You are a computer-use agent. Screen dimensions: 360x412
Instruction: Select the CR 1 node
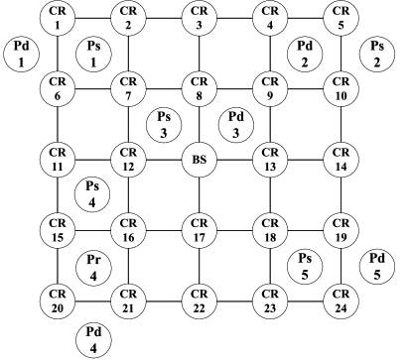(58, 17)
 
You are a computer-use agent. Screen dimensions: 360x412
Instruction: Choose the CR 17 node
(199, 230)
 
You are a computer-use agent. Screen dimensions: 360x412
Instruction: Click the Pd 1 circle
(19, 55)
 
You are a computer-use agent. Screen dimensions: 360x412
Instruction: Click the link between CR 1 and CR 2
(92, 17)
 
